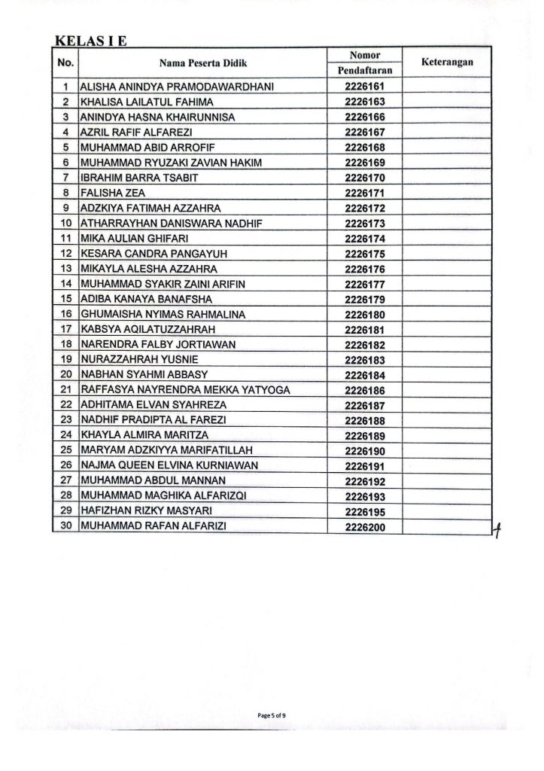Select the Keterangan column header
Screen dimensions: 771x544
tap(446, 62)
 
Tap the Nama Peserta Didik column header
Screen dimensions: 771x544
tap(203, 63)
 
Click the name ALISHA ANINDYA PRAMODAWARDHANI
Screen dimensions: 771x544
tap(177, 87)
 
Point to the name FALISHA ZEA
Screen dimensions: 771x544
tap(108, 193)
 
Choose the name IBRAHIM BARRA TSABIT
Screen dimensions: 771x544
tap(132, 178)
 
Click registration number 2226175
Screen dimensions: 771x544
tap(364, 253)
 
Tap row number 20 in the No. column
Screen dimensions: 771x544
tap(65, 374)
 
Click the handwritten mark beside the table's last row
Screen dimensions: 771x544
tap(497, 530)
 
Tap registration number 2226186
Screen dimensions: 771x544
tap(364, 389)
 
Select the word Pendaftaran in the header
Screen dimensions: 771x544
tap(365, 70)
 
